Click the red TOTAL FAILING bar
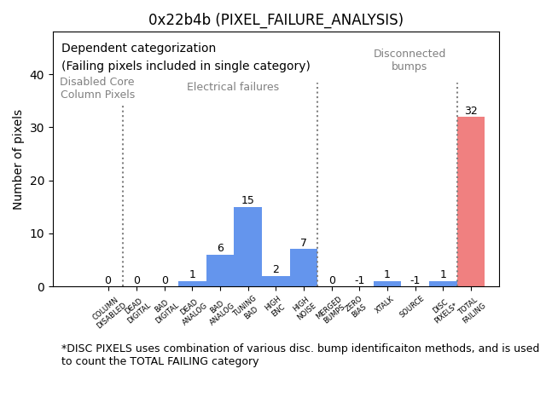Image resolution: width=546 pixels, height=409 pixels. [x=470, y=202]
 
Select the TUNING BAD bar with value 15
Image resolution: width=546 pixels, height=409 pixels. [x=247, y=247]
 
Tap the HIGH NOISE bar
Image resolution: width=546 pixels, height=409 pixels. [x=304, y=268]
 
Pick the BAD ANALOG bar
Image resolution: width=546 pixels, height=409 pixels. [x=220, y=271]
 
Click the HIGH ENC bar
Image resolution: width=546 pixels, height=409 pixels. [x=276, y=281]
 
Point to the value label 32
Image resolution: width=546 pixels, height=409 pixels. [x=471, y=111]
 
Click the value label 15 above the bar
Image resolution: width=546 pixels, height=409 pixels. [x=247, y=201]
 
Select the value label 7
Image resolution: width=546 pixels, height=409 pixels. [x=304, y=244]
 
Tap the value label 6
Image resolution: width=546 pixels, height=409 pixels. [x=220, y=249]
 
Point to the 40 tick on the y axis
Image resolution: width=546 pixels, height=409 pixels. [x=37, y=75]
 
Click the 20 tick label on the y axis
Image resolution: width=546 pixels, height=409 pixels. [x=37, y=181]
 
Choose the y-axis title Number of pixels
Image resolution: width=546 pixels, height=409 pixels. [x=18, y=159]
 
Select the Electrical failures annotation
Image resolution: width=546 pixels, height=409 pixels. [x=233, y=87]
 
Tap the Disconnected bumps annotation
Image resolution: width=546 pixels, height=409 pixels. [x=409, y=60]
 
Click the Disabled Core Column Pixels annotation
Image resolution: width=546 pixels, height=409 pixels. [x=97, y=89]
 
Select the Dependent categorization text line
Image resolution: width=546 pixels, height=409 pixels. [x=138, y=49]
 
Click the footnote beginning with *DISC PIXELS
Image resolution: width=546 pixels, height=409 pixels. [x=299, y=354]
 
